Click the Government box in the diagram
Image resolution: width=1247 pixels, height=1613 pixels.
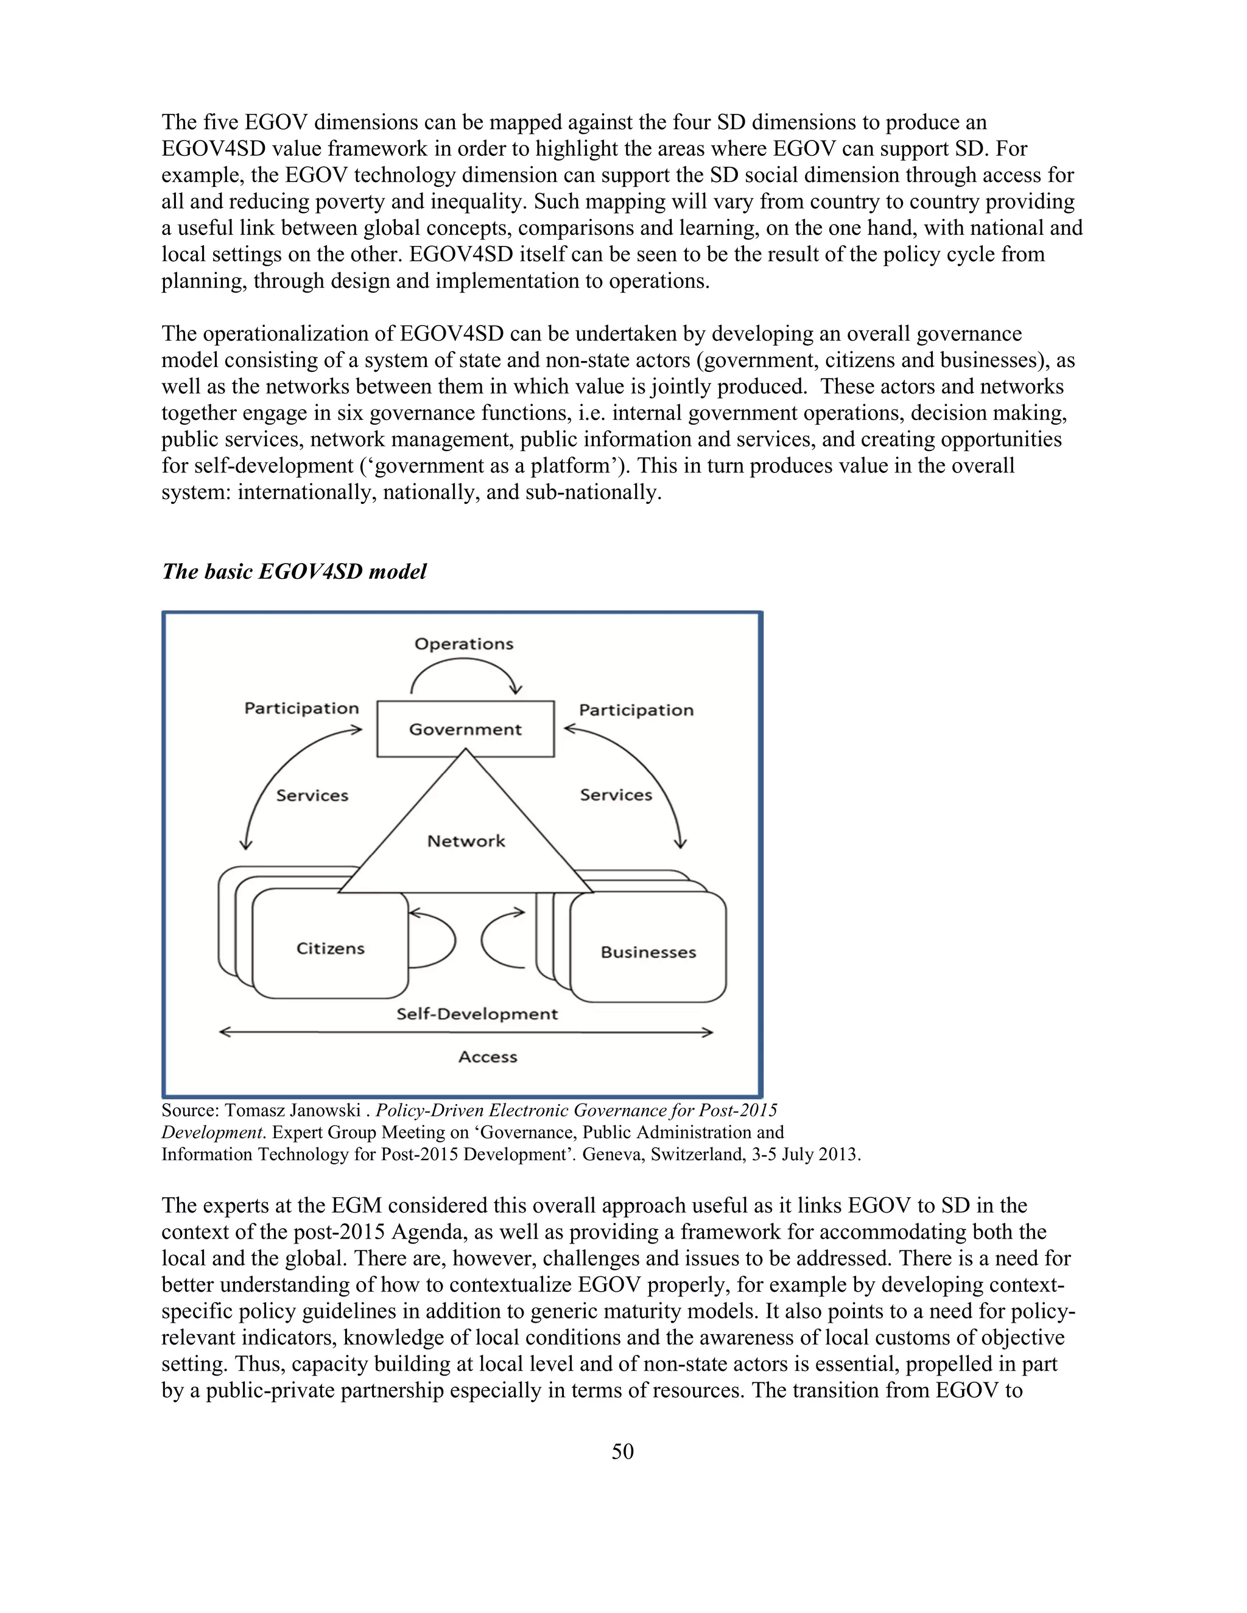(465, 729)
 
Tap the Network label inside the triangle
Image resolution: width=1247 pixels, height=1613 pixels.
(466, 841)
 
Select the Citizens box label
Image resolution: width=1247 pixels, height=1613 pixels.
(330, 948)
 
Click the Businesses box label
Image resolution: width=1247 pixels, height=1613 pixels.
(648, 952)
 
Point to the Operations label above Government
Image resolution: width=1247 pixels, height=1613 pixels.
(464, 643)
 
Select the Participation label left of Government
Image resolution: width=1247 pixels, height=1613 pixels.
(301, 709)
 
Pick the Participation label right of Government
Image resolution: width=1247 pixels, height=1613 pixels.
(636, 710)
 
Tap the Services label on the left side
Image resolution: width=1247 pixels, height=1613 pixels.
(312, 796)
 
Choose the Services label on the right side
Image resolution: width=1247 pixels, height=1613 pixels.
(616, 795)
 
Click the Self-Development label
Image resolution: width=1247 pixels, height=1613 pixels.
(477, 1014)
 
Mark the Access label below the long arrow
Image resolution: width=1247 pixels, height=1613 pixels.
(488, 1057)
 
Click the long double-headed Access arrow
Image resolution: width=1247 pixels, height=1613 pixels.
(465, 1032)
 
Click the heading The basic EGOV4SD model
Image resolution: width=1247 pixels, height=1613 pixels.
(294, 572)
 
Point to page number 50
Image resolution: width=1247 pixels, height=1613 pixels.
(623, 1452)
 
